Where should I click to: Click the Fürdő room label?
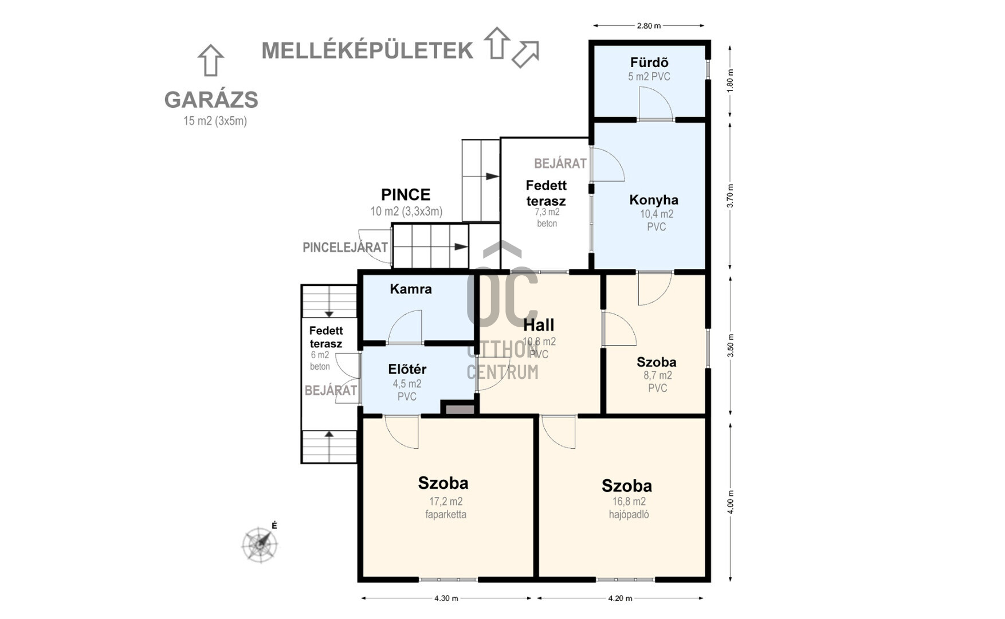tap(649, 62)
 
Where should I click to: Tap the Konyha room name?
tap(654, 200)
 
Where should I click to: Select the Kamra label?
tap(411, 289)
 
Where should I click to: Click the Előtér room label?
tap(407, 369)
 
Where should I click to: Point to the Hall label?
tap(539, 325)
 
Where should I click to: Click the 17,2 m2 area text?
tap(446, 502)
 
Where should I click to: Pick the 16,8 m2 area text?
tap(629, 502)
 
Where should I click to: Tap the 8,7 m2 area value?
tap(658, 375)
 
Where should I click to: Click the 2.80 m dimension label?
tap(649, 26)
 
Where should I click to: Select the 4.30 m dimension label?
tap(446, 598)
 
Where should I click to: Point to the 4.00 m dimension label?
tap(731, 502)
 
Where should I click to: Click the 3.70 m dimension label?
tap(731, 195)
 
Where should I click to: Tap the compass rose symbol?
tap(260, 543)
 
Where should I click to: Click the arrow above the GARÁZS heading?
tap(210, 60)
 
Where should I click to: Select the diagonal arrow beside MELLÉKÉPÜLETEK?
tap(525, 54)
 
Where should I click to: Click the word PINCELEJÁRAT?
tap(345, 248)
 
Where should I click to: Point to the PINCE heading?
tap(406, 195)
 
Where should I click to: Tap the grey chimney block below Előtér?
tap(460, 409)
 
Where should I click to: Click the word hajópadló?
tap(629, 515)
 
